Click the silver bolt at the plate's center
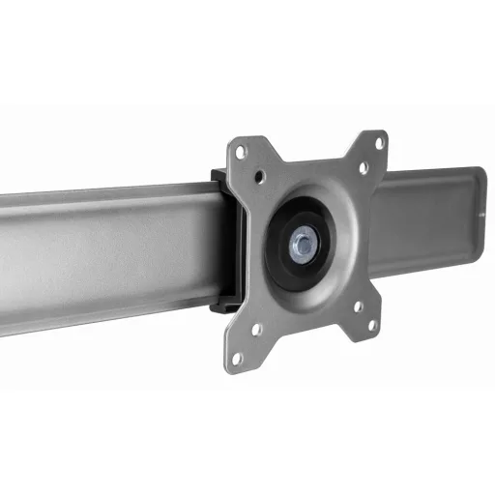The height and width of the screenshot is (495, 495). click(303, 246)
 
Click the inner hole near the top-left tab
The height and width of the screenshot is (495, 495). click(261, 177)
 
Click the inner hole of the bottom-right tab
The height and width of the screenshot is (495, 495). click(359, 306)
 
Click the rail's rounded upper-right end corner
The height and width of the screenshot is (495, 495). click(480, 175)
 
